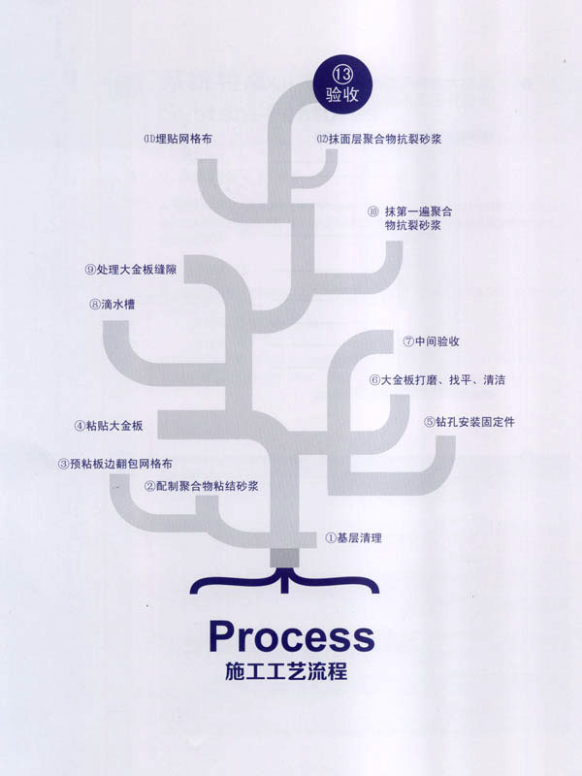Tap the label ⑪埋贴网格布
(x=177, y=139)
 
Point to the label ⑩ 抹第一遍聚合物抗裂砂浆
(x=411, y=217)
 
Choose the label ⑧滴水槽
(x=112, y=304)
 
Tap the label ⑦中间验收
(x=431, y=341)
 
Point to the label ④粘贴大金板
(x=109, y=426)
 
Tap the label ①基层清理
(x=353, y=536)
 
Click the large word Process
(x=291, y=637)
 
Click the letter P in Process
(x=224, y=637)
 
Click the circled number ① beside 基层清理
(x=329, y=536)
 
